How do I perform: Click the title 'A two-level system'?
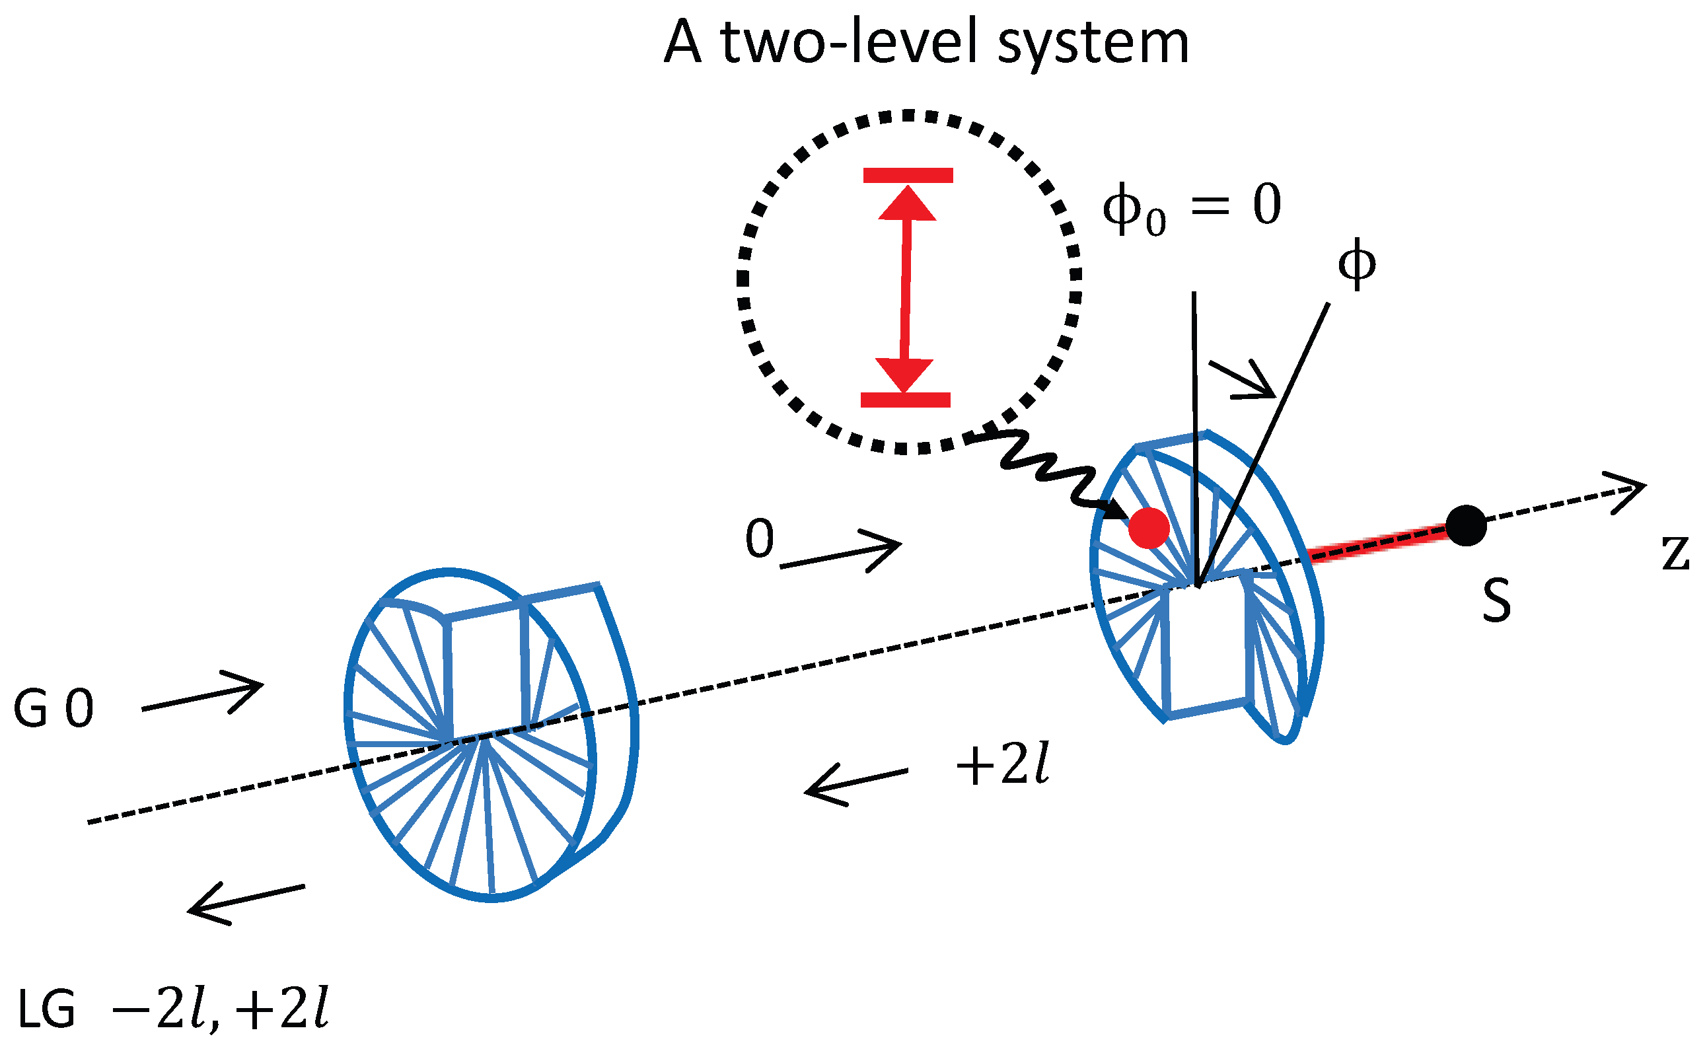pyautogui.click(x=926, y=43)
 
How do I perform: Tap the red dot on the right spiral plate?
pyautogui.click(x=1148, y=528)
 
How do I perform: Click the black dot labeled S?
pyautogui.click(x=1466, y=526)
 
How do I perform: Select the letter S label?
pyautogui.click(x=1496, y=600)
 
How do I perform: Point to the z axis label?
pyautogui.click(x=1675, y=554)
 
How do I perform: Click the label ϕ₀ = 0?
pyautogui.click(x=1192, y=207)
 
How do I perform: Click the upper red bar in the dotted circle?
pyautogui.click(x=908, y=176)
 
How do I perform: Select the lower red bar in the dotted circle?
pyautogui.click(x=906, y=400)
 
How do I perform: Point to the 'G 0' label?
pyautogui.click(x=54, y=709)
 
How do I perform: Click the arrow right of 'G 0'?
pyautogui.click(x=202, y=692)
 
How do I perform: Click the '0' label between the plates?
pyautogui.click(x=759, y=539)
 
